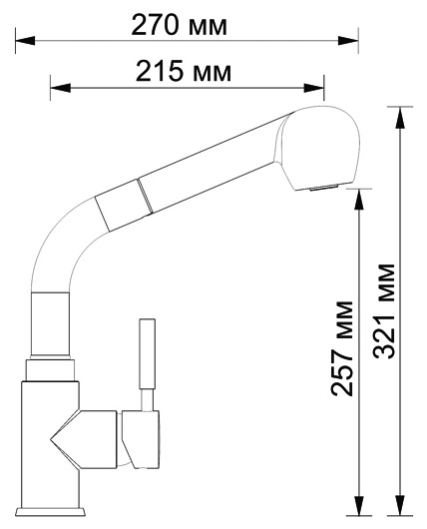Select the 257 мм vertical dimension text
click(342, 346)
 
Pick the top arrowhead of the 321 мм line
click(400, 111)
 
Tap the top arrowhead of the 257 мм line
click(358, 193)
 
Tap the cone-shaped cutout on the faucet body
click(64, 439)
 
